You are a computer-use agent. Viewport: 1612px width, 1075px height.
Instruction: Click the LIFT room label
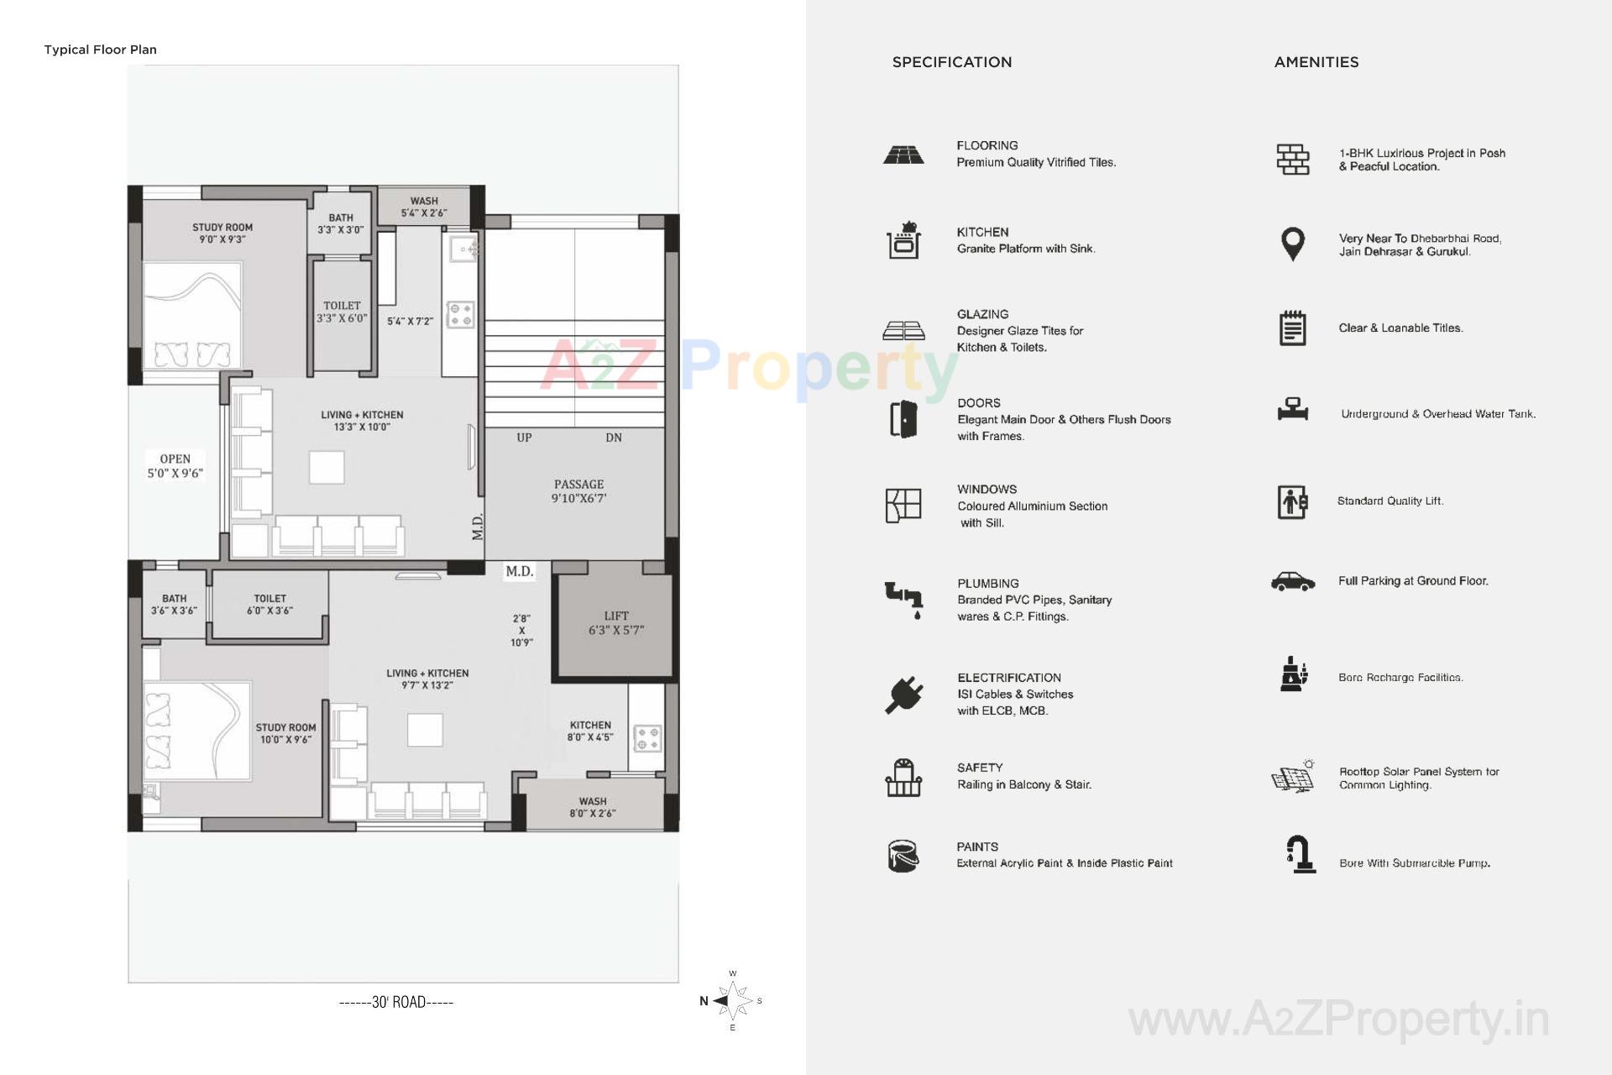tap(615, 622)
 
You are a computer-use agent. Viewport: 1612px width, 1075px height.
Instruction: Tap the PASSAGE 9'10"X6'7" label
tap(578, 491)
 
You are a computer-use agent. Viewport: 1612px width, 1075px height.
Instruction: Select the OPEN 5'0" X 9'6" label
tap(175, 466)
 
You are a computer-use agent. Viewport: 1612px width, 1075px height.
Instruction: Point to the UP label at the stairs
tap(524, 438)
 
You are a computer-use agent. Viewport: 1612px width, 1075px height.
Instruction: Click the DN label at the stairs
tap(614, 438)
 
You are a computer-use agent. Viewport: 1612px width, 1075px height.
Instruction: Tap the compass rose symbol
tap(734, 1000)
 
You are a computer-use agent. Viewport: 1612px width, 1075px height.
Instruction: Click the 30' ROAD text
tap(396, 1002)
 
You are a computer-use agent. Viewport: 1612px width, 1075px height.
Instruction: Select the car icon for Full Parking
tap(1293, 581)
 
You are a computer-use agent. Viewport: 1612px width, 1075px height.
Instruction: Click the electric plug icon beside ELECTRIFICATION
tap(904, 695)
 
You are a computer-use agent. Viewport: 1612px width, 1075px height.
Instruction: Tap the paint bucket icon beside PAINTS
tap(903, 856)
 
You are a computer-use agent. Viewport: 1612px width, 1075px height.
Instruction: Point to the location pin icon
tap(1293, 244)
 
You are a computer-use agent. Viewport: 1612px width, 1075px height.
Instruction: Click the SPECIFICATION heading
tap(951, 62)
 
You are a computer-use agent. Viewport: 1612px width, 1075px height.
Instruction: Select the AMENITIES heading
tap(1316, 62)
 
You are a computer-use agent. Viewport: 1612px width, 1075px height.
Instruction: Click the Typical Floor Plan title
tap(100, 50)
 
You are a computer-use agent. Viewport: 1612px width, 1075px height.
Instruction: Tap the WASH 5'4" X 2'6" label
tap(424, 207)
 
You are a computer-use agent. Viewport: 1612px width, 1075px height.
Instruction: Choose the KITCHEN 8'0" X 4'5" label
tap(590, 731)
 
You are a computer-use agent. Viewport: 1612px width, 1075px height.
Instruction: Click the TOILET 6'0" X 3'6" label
tap(270, 605)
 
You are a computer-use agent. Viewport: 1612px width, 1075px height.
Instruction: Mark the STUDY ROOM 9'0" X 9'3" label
tap(222, 233)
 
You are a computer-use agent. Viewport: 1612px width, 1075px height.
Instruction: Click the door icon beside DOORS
tap(903, 419)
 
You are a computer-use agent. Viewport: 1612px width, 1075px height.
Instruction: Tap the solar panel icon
tap(1293, 777)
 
